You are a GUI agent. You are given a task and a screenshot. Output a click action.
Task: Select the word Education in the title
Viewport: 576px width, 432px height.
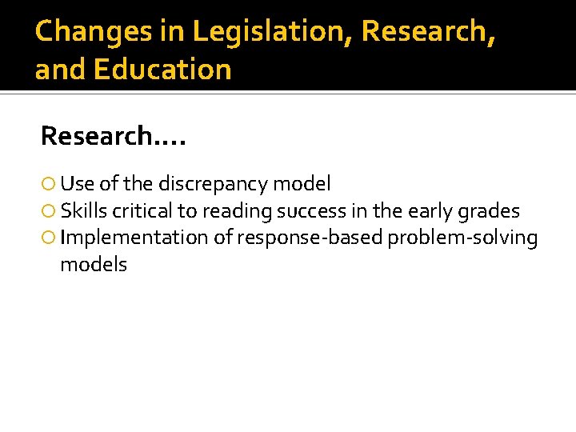[162, 70]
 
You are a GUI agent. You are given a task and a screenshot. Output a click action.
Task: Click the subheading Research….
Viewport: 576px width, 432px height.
[113, 136]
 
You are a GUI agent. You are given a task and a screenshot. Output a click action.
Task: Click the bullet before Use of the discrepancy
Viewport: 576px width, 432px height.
[50, 185]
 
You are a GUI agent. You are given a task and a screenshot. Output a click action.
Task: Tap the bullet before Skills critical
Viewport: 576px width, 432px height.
[50, 212]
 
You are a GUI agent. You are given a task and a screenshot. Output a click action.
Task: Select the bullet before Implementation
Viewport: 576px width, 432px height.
[50, 238]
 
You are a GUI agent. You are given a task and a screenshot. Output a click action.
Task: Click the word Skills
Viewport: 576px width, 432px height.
[84, 211]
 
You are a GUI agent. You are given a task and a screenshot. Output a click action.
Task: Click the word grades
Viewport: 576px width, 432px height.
[491, 212]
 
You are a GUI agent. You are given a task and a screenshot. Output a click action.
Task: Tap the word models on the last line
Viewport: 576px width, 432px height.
[94, 265]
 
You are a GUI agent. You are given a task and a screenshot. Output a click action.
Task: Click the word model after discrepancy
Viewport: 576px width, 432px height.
[302, 184]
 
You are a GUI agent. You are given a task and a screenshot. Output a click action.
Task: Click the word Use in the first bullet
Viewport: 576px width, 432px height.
[77, 184]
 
